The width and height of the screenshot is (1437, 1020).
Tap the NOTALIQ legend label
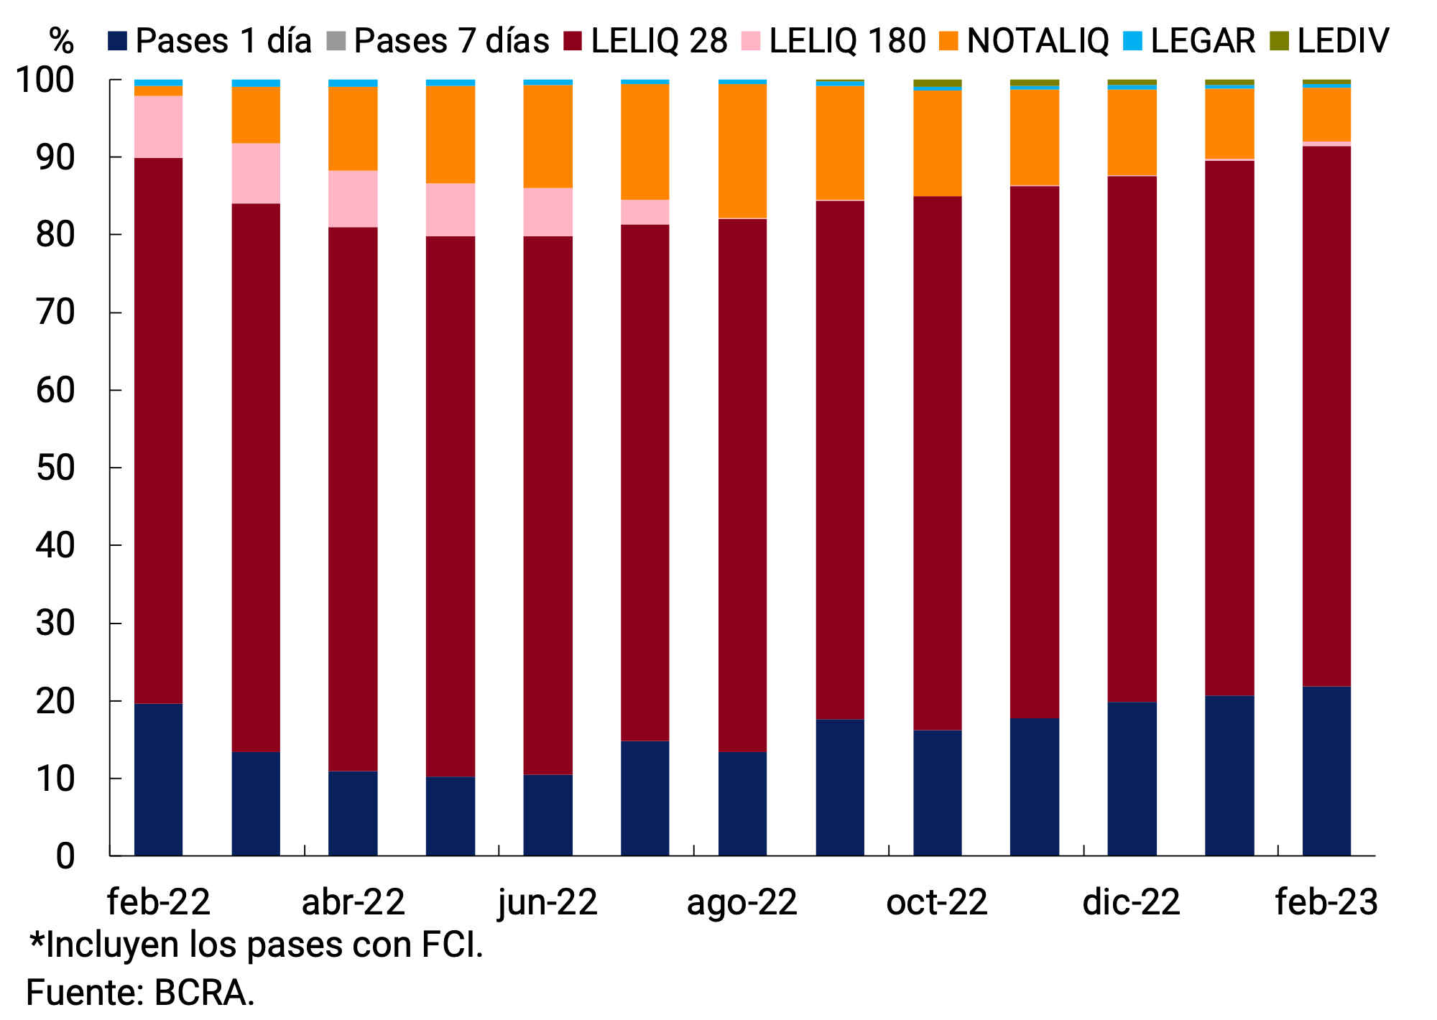[x=1038, y=41]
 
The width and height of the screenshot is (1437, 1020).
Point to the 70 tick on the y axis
[x=55, y=313]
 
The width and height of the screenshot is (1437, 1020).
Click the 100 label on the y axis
[x=45, y=80]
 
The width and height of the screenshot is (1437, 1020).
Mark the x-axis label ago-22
[x=741, y=902]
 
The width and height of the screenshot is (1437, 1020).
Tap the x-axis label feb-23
[x=1326, y=902]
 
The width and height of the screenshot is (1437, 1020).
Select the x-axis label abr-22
[x=353, y=902]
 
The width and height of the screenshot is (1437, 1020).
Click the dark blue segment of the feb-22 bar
[x=158, y=779]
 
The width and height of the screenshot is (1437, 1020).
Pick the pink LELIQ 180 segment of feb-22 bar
[x=158, y=126]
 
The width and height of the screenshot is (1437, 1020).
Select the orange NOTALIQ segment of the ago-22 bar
[x=742, y=151]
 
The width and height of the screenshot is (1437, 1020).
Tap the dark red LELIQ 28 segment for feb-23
[x=1326, y=417]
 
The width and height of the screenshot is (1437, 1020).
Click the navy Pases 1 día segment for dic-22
[x=1132, y=779]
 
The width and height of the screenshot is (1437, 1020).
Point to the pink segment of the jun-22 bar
[x=547, y=212]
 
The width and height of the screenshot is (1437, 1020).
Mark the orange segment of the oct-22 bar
[x=937, y=143]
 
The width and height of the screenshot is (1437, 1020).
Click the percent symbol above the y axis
[x=62, y=41]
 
